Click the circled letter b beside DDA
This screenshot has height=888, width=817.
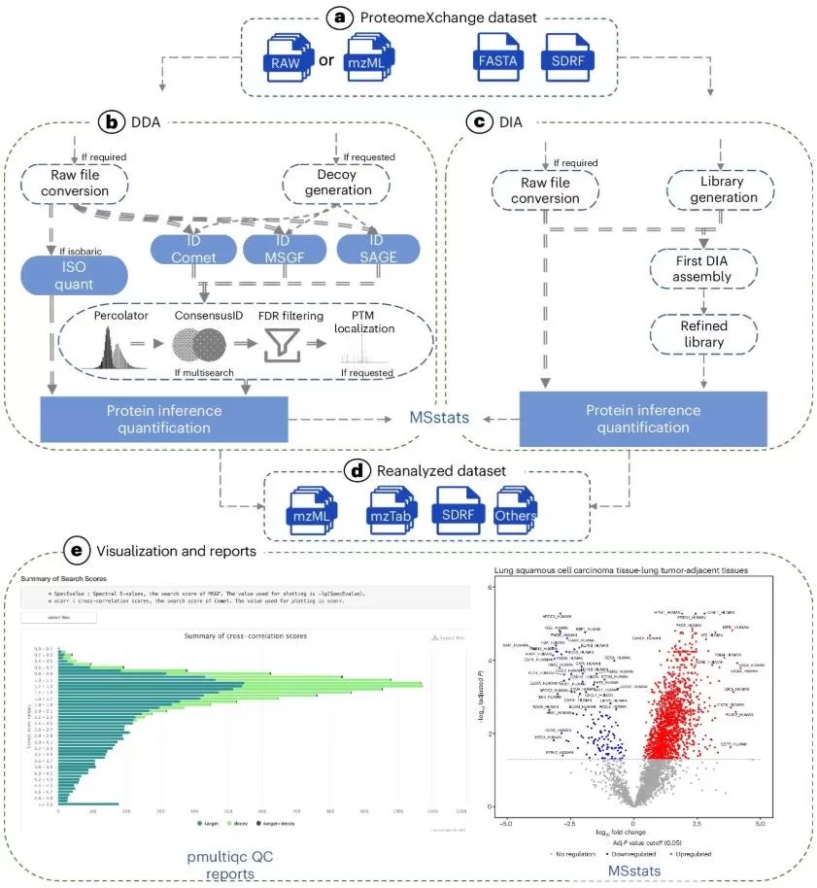[111, 123]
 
